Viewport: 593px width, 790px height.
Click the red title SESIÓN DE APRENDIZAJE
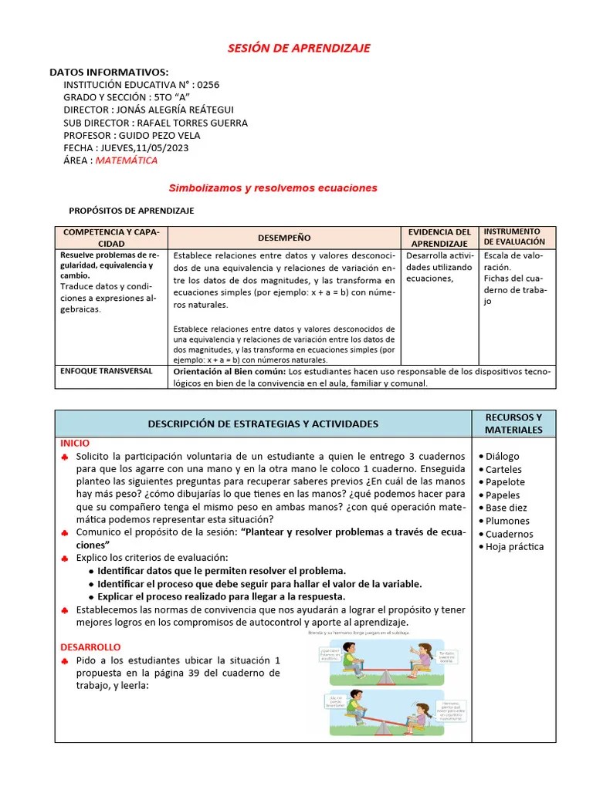(299, 48)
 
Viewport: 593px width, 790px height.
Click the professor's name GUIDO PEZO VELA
(159, 135)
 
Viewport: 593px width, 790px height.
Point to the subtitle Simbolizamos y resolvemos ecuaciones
(273, 187)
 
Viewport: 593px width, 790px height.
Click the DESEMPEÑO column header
(284, 238)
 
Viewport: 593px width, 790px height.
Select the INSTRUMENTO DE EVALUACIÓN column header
(514, 236)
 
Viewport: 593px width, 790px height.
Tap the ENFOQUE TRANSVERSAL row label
(107, 371)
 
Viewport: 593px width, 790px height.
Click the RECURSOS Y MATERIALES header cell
(513, 424)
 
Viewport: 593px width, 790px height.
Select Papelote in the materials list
(504, 482)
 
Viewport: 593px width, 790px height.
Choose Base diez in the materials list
(507, 508)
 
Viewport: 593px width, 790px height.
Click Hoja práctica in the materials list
(514, 546)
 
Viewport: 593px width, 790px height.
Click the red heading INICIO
(75, 444)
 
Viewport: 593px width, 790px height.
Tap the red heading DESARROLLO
(90, 647)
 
